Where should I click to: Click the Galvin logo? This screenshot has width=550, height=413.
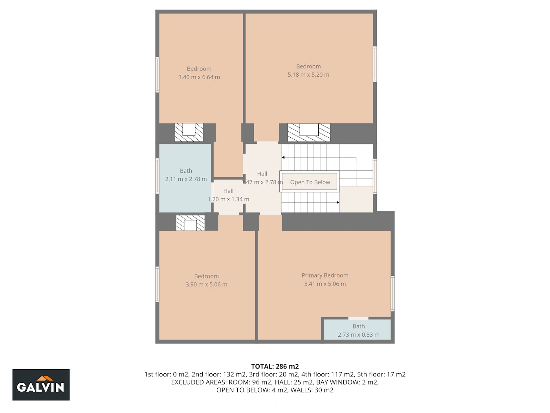pyautogui.click(x=41, y=384)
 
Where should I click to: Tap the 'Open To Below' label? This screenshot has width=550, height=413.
pyautogui.click(x=310, y=182)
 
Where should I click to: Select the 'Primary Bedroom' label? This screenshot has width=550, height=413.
pyautogui.click(x=325, y=275)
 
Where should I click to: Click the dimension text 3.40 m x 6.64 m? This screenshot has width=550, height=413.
pyautogui.click(x=199, y=77)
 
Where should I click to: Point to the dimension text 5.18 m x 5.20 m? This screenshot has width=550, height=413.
pyautogui.click(x=308, y=75)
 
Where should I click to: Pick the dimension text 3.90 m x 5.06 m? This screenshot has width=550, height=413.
pyautogui.click(x=206, y=285)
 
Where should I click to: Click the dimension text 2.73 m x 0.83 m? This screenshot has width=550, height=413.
pyautogui.click(x=359, y=335)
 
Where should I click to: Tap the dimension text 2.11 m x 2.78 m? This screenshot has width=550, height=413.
pyautogui.click(x=186, y=179)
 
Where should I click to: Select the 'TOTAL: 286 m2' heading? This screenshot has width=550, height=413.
pyautogui.click(x=275, y=366)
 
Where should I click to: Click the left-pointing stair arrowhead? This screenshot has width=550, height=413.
pyautogui.click(x=283, y=157)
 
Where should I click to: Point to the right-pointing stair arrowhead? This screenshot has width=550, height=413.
pyautogui.click(x=338, y=202)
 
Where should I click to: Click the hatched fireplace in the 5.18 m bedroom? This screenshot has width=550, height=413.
pyautogui.click(x=309, y=133)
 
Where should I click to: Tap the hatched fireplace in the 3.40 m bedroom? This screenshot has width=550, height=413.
pyautogui.click(x=189, y=132)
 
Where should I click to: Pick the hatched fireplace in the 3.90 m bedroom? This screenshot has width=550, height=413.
pyautogui.click(x=190, y=223)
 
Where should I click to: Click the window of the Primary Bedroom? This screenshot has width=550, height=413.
pyautogui.click(x=392, y=293)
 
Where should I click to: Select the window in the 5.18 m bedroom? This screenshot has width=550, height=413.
pyautogui.click(x=375, y=64)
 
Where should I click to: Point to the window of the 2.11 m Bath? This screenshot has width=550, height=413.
pyautogui.click(x=158, y=176)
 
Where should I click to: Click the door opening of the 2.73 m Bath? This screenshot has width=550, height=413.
pyautogui.click(x=358, y=318)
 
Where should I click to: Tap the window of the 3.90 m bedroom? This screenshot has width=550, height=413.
pyautogui.click(x=158, y=284)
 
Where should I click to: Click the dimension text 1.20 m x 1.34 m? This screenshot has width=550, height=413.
pyautogui.click(x=228, y=199)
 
